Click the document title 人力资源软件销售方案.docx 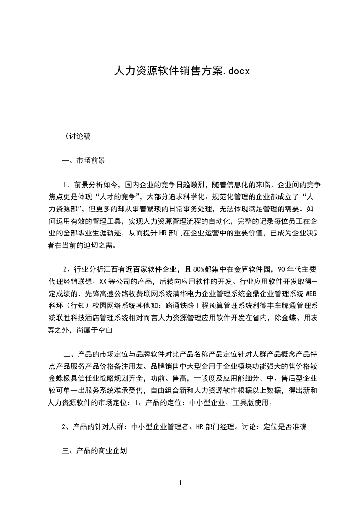[181, 71]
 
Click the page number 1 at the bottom [180, 483]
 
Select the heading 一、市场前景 [84, 160]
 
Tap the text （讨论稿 [78, 136]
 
